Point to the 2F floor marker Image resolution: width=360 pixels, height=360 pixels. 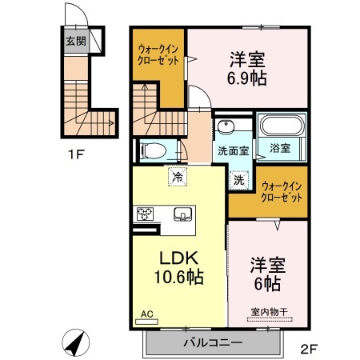[x=310, y=348]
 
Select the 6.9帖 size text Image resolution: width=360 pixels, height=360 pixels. [x=247, y=78]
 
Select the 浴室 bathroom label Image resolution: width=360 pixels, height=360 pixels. [x=280, y=149]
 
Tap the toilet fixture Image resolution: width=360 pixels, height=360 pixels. [x=151, y=150]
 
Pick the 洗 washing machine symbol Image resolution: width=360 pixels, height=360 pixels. [x=238, y=180]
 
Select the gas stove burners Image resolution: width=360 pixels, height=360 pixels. [x=146, y=213]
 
